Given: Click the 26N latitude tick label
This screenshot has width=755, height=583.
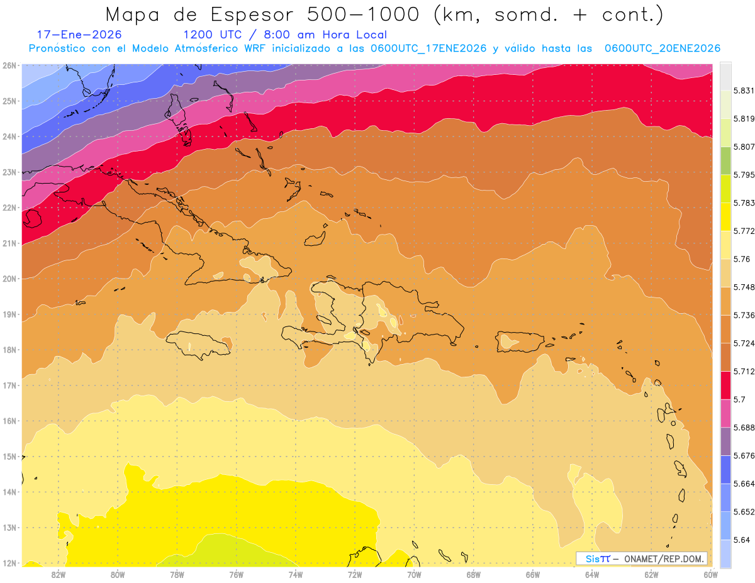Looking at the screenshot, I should point(10,65).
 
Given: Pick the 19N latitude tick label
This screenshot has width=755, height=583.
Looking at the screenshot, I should point(10,314).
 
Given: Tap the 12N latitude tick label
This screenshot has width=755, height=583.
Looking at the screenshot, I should point(10,563).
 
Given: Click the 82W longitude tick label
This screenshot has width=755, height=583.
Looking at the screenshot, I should point(59,574).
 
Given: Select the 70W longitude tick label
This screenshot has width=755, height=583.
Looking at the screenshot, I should point(414,574).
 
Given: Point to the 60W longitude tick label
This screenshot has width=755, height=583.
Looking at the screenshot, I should point(710,574).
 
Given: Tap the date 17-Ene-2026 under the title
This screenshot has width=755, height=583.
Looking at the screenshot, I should point(79,35).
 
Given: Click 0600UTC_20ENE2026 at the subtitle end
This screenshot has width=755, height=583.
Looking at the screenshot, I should point(662,48).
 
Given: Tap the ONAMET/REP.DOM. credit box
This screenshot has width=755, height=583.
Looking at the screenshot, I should point(642,558).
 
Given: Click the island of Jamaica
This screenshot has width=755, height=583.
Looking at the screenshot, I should point(198,345).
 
